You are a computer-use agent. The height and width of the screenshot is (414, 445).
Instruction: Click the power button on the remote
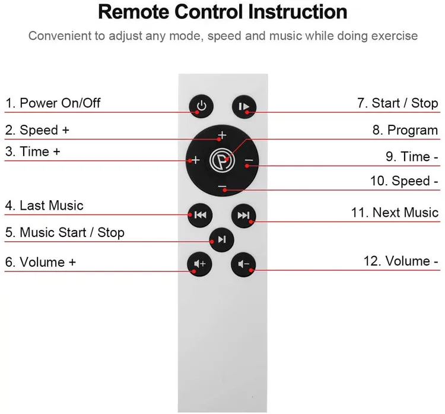[x=202, y=106]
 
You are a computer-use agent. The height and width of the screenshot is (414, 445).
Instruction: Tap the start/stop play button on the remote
[x=243, y=106]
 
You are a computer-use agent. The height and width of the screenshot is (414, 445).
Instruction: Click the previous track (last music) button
[x=199, y=215]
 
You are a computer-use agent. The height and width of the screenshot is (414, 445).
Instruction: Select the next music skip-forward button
[x=243, y=215]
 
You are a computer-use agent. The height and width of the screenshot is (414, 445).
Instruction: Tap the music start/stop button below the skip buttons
[x=221, y=239]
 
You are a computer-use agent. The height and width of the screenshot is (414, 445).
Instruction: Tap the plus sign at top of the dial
[x=222, y=134]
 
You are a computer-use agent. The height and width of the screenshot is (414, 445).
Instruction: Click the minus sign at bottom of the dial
[x=222, y=187]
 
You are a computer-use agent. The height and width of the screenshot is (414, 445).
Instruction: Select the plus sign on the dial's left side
[x=195, y=160]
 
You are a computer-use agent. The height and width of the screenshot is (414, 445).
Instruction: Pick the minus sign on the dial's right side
[x=249, y=160]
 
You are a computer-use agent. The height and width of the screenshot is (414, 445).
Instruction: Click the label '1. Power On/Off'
[x=53, y=103]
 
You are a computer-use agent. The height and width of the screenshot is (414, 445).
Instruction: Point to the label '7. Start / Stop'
[x=398, y=103]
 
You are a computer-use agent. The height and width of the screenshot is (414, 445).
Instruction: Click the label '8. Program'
[x=405, y=130]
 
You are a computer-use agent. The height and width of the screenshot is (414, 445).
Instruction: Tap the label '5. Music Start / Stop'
[x=65, y=232]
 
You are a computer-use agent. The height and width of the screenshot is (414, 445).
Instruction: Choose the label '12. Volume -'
[x=401, y=261]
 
